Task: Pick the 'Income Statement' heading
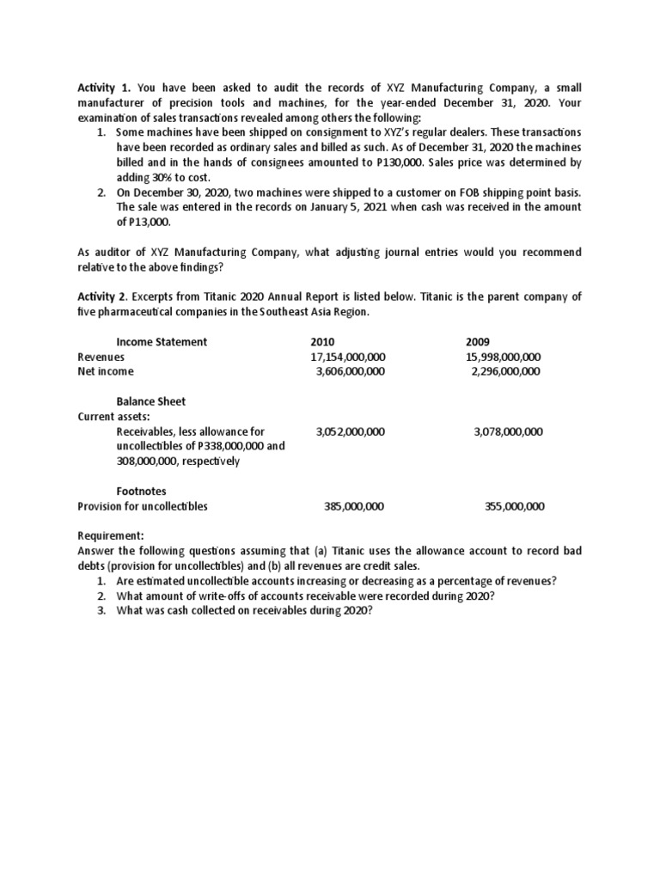coord(162,341)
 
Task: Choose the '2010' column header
coord(323,341)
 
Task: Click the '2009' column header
coord(478,341)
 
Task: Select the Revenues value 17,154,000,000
coord(348,357)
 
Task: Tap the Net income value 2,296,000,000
coord(506,371)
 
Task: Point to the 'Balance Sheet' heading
coord(150,401)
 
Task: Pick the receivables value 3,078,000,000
coord(508,431)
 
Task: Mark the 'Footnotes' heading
coord(142,491)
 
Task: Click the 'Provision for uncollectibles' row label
coord(143,506)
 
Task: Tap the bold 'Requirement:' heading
coord(111,535)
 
